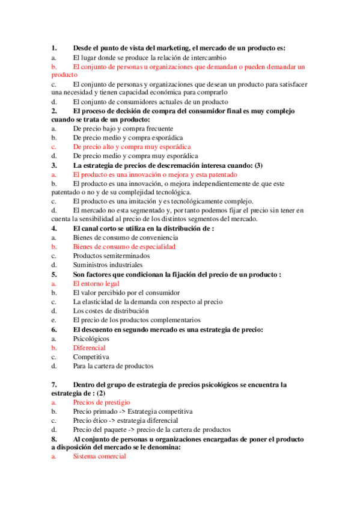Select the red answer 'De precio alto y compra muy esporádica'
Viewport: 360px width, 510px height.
pos(132,147)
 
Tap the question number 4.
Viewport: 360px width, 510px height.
pos(54,229)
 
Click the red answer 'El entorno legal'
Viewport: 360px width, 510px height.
pos(96,283)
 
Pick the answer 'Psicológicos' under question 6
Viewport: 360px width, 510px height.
pos(91,339)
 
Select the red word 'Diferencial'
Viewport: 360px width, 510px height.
pos(90,348)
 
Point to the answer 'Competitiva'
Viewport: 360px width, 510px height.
pos(91,357)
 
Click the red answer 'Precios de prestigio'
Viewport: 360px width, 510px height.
pos(102,402)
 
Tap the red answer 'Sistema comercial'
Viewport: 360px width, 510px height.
pos(99,456)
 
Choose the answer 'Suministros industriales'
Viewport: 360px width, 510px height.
pos(108,265)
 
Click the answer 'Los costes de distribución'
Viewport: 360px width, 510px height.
pos(111,311)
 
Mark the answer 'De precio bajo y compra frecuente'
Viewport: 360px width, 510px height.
pos(123,129)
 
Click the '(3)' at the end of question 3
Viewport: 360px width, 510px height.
pos(258,165)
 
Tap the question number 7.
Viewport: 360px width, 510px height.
pos(54,384)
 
